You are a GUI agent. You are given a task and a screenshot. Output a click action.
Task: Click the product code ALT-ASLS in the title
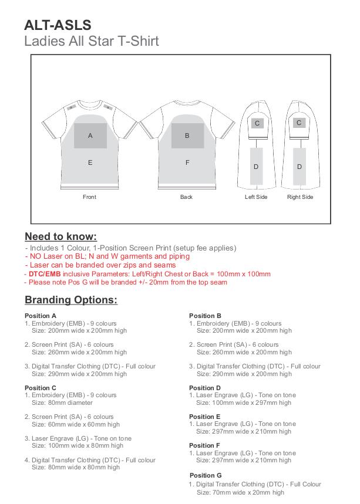coord(58,25)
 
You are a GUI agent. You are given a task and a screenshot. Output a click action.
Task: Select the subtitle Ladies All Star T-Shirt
coord(92,42)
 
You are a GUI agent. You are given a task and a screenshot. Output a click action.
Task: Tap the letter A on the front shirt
coord(90,136)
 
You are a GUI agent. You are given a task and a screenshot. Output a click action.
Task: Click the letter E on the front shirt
coord(90,163)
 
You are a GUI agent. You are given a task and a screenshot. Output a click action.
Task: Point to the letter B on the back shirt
coord(187,136)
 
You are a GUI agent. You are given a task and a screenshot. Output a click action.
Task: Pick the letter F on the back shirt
coord(187,163)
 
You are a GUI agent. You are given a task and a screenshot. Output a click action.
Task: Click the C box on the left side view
coord(257,123)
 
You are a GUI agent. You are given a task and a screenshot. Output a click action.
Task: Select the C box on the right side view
coord(299,123)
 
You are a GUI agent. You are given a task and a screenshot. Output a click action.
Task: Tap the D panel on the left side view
coord(256,167)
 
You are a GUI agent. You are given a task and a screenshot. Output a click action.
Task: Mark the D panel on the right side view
coord(300,167)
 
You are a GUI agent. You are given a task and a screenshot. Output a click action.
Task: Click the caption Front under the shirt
coord(89,197)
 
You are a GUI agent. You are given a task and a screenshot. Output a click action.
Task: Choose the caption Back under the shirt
coord(186,197)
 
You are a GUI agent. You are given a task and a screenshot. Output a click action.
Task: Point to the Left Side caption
coord(256,197)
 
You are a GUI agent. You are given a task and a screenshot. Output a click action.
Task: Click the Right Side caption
coord(300,197)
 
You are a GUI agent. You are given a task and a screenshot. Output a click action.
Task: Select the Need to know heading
coord(60,236)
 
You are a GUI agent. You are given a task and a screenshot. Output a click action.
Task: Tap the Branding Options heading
coord(71,300)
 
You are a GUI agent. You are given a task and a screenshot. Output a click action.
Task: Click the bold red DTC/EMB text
coord(45,274)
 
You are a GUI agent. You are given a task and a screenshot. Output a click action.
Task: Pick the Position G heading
coord(206,475)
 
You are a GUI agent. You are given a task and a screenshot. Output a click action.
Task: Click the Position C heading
coord(41,388)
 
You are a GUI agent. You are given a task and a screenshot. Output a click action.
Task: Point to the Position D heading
coord(205,388)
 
